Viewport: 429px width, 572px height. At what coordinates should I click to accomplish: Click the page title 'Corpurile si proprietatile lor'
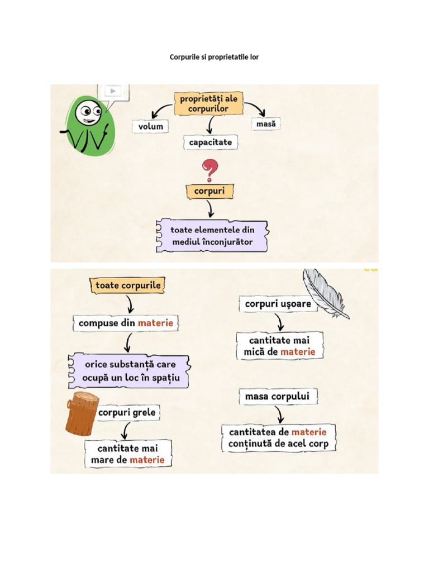[x=214, y=57]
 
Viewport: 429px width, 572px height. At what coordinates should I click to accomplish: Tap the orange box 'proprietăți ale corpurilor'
[x=208, y=103]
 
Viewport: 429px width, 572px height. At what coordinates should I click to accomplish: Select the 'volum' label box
[x=151, y=126]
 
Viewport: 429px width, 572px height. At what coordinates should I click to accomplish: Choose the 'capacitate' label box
[x=210, y=142]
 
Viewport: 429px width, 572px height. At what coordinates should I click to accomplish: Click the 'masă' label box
[x=266, y=124]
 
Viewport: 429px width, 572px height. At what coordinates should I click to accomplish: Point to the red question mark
[x=209, y=170]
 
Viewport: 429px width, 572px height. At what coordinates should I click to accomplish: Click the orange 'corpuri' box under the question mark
[x=209, y=191]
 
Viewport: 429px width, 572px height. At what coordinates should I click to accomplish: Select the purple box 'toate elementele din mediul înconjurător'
[x=212, y=236]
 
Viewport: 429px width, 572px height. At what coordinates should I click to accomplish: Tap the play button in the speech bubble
[x=113, y=91]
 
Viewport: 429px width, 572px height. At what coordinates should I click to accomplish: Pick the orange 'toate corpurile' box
[x=128, y=285]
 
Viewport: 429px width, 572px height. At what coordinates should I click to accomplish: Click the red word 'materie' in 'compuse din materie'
[x=156, y=323]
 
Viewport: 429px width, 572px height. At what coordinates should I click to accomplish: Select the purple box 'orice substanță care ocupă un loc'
[x=129, y=371]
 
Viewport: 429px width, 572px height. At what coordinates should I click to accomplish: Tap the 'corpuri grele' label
[x=127, y=413]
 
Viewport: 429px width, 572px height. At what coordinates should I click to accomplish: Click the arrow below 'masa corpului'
[x=280, y=414]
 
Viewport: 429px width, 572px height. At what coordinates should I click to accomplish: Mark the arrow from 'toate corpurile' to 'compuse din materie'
[x=130, y=304]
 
